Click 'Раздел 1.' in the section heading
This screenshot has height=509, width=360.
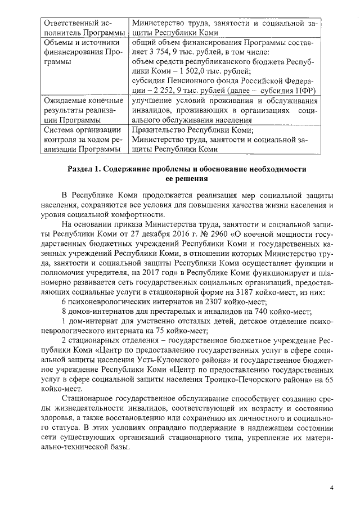click(84, 169)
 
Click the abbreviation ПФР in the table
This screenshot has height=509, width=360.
click(304, 91)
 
